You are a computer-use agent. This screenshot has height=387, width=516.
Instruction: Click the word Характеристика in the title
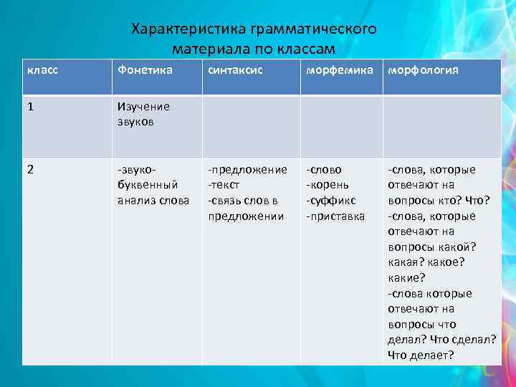[188, 30]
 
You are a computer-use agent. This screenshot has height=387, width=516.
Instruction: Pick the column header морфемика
[339, 71]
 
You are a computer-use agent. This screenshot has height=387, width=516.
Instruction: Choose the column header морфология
[424, 71]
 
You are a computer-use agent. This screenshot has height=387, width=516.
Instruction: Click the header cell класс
[42, 71]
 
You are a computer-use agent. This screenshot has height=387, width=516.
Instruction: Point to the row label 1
[30, 106]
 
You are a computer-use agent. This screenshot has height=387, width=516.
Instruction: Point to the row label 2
[30, 170]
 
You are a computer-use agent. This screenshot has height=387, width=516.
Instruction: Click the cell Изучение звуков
[143, 114]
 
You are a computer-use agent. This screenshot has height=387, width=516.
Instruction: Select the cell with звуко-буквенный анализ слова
[153, 185]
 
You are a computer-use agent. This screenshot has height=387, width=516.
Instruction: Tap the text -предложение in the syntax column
[247, 170]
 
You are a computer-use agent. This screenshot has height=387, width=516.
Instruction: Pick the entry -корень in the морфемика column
[328, 185]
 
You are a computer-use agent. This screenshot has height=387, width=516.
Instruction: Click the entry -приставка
[335, 216]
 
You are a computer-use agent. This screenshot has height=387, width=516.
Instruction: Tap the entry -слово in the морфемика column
[324, 170]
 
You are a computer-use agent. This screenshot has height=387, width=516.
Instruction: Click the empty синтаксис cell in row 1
[251, 127]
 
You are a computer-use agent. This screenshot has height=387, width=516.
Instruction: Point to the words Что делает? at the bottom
[421, 355]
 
